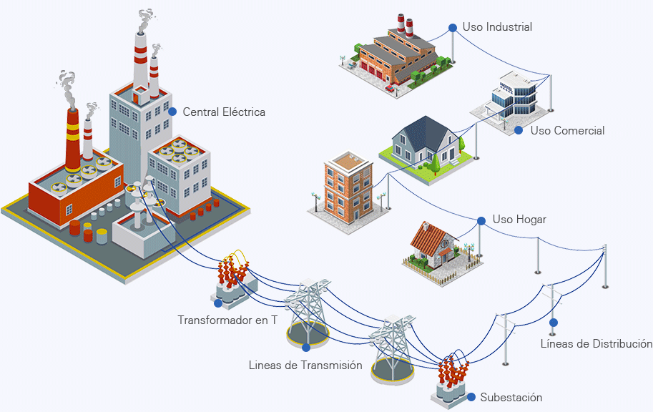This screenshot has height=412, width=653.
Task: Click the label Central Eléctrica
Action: coord(224,112)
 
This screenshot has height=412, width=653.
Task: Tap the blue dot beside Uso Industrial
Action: coord(453,28)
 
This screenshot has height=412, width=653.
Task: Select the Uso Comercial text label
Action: coord(567,131)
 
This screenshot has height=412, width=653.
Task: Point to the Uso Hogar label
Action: coord(519,220)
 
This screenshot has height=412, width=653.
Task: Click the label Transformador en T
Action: coord(227,320)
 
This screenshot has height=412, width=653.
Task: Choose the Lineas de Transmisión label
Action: coord(305,366)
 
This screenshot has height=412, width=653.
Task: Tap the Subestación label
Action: coord(511,398)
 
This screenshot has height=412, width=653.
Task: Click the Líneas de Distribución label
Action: coord(596,344)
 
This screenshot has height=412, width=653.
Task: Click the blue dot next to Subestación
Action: coord(471,396)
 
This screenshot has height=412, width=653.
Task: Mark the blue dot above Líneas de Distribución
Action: coord(553,323)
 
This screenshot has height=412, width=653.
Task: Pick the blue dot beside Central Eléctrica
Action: coord(172,112)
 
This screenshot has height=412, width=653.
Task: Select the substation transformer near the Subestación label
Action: coord(451,379)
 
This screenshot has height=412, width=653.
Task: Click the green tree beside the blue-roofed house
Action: coord(435,165)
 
